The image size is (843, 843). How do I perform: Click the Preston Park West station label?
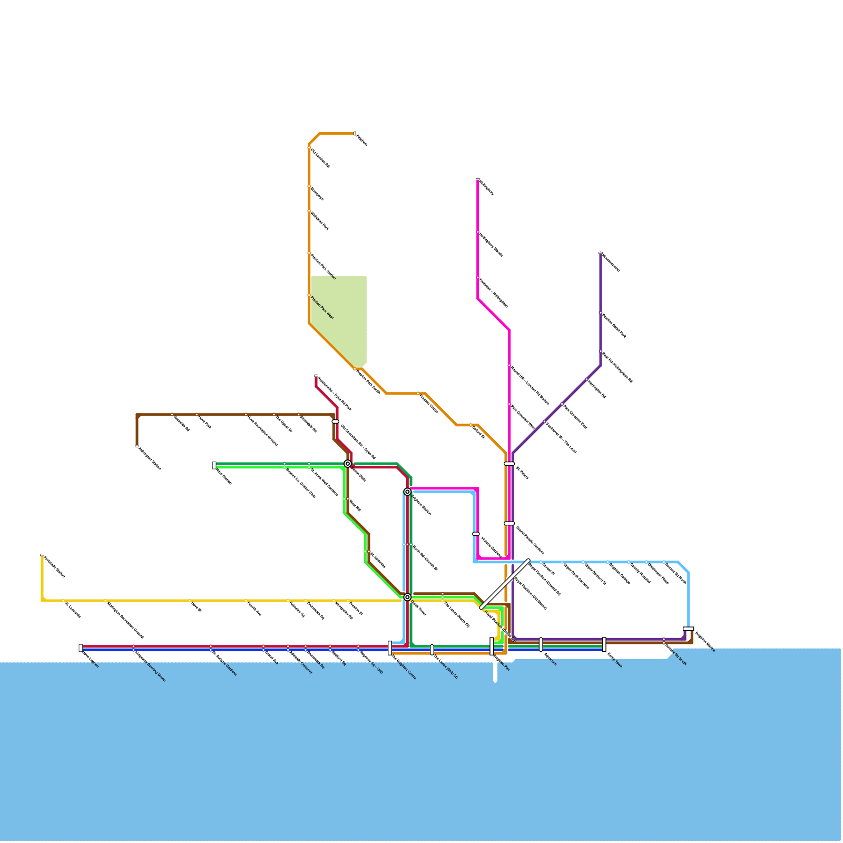point(322,308)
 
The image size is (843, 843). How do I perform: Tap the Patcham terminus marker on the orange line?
point(355,133)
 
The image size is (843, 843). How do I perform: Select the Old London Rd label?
point(320,158)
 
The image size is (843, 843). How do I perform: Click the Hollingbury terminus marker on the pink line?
point(478,180)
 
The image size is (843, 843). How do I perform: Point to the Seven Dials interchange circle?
point(348,464)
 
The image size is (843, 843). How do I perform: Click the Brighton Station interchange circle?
point(407,492)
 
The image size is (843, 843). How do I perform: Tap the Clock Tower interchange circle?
point(407,597)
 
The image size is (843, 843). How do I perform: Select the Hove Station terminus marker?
point(214,465)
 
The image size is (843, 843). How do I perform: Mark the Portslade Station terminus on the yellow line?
point(42,555)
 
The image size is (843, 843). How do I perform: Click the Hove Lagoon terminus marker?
point(81,648)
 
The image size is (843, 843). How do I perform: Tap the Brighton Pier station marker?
point(492,646)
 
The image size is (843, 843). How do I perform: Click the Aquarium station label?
point(550,659)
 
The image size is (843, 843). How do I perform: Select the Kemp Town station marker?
point(604,644)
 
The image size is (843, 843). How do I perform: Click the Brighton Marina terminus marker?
point(688,629)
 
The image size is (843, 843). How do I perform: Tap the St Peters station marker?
point(509,464)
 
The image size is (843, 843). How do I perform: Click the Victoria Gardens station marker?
point(476,534)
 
